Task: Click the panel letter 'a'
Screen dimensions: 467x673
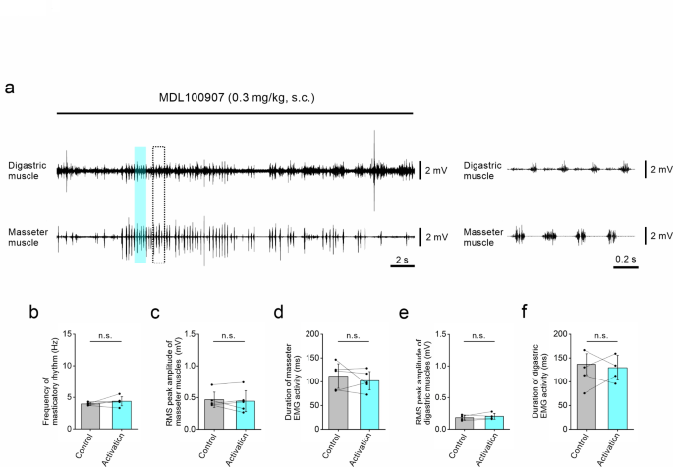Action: pos(10,88)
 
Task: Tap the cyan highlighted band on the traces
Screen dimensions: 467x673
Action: pos(140,204)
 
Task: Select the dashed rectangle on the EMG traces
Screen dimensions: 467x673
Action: pos(159,204)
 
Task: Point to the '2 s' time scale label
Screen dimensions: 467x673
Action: pos(402,259)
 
